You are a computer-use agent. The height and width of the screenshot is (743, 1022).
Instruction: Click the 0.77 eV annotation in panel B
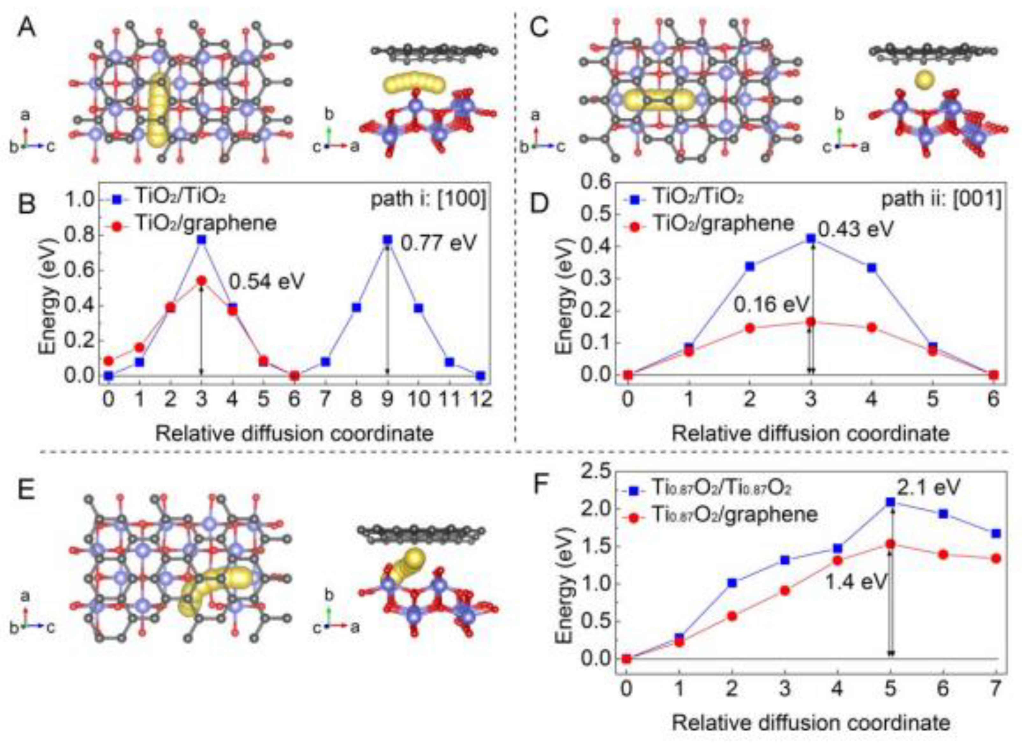coord(438,244)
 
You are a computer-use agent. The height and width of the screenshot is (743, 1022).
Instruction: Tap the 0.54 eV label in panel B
coord(267,282)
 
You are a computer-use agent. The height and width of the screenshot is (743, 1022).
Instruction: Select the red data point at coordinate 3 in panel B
coord(201,280)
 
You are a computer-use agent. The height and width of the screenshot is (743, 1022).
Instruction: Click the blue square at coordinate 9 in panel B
coord(387,240)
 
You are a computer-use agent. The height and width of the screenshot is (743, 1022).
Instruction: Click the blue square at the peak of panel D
coord(811,238)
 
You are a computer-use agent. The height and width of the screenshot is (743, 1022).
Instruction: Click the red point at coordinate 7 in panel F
coord(996,558)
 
